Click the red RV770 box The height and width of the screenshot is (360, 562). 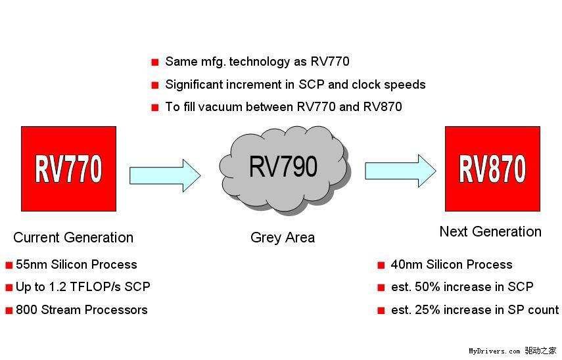[68, 169]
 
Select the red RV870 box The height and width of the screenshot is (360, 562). [492, 169]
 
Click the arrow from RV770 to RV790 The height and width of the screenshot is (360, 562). [165, 175]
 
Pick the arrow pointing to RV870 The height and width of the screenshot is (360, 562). [400, 171]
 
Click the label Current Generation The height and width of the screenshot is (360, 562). [73, 238]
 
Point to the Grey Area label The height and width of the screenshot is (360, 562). [283, 238]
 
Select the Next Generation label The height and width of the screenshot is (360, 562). [490, 231]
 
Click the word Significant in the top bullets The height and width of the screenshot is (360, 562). [194, 85]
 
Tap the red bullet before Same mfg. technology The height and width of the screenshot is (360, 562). [155, 62]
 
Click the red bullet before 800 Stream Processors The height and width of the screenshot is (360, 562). [9, 310]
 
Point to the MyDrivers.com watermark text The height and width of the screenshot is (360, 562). [494, 351]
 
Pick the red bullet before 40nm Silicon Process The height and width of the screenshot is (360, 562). [381, 265]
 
